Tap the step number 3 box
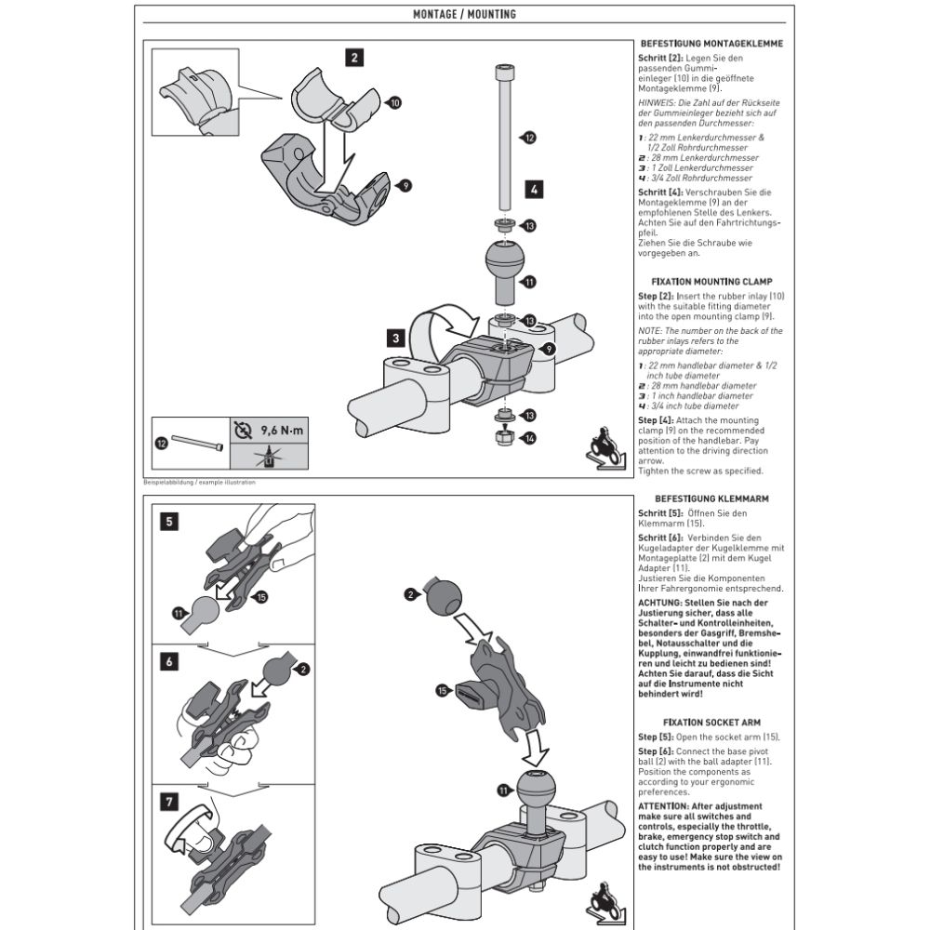click(x=397, y=338)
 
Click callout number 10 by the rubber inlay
click(x=394, y=103)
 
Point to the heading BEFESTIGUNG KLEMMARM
click(x=710, y=498)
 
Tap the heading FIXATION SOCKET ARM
click(x=710, y=722)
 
